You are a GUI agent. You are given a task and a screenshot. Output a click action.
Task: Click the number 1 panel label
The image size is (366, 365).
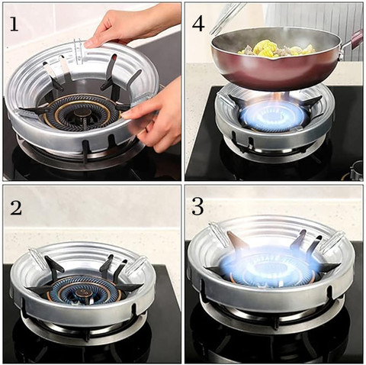tap(14, 24)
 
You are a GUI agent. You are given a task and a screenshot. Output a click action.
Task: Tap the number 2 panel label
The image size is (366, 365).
tap(16, 208)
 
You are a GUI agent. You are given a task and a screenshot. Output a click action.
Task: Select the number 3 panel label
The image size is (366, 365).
tap(197, 206)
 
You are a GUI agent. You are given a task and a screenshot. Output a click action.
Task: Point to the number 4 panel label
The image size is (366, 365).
tap(198, 24)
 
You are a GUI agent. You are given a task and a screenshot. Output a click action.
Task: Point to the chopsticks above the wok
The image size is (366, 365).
tap(227, 18)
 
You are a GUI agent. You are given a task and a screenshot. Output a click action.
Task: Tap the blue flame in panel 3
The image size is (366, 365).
tap(269, 266)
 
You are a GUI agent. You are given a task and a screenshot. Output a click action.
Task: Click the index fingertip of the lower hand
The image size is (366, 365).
tap(124, 117)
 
